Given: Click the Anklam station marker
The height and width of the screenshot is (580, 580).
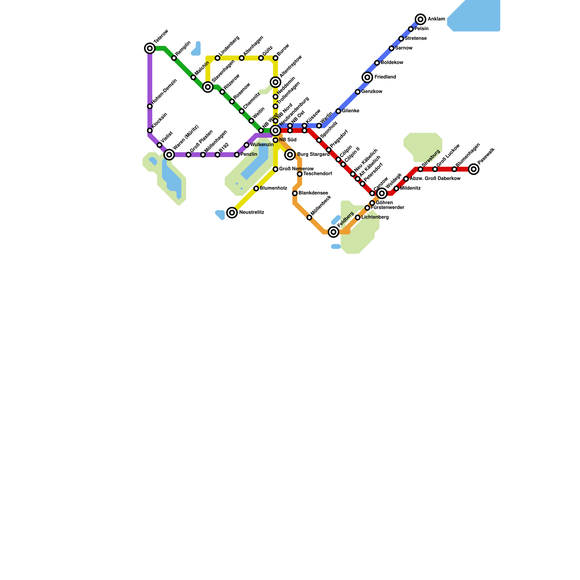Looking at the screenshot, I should (420, 19).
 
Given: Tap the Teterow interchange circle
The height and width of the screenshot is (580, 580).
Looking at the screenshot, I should (150, 48).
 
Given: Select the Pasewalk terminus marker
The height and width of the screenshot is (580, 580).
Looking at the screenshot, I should (473, 169).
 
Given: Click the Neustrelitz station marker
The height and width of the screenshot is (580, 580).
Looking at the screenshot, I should (232, 213).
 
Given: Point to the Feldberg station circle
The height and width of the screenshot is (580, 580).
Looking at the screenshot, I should (333, 232).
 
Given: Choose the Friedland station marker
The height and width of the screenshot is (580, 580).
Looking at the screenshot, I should (368, 77).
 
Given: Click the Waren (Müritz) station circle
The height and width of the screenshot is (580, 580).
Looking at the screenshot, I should (169, 155).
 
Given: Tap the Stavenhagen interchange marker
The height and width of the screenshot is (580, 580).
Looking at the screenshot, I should (208, 87).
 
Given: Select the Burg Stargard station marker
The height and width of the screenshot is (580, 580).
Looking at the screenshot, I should (290, 155).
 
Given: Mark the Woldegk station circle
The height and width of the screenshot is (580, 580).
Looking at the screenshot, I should (382, 194).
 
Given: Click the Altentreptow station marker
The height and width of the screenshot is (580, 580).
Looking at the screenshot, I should (275, 82).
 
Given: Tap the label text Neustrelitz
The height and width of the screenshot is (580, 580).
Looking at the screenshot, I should (252, 212).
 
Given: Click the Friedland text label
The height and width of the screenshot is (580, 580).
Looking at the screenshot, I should (385, 77).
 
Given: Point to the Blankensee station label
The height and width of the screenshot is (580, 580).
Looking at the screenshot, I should (313, 193).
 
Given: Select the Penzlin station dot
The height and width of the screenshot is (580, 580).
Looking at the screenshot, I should (237, 155).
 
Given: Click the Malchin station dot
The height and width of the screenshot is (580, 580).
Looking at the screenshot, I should (193, 78).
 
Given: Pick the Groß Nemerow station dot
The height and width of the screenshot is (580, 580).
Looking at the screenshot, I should (275, 169).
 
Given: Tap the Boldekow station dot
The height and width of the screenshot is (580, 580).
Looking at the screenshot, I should (377, 63).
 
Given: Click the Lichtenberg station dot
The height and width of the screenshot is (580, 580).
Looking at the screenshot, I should (358, 217).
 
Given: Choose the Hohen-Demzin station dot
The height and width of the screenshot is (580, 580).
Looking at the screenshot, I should (150, 107).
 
